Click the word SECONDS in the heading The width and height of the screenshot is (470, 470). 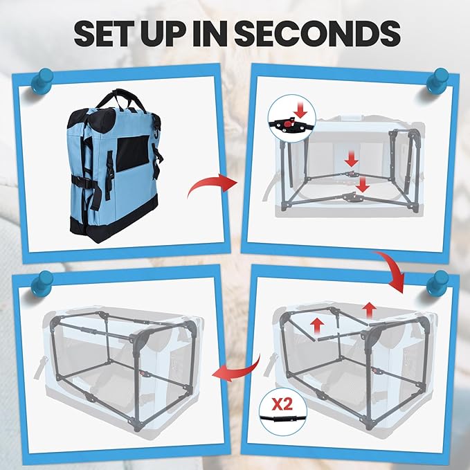click(318, 33)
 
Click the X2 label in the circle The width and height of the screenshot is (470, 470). click(282, 404)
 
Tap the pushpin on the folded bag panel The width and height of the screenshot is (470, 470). click(42, 81)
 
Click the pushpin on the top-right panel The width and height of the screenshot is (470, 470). click(437, 81)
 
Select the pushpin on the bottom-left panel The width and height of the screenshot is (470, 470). click(42, 284)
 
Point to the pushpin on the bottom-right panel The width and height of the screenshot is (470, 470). click(437, 284)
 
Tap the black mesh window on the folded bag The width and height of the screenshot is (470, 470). click(132, 153)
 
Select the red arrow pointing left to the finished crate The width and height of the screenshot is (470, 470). click(237, 370)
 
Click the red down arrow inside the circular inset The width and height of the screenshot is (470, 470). click(300, 110)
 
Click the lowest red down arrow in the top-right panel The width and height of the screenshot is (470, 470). click(363, 185)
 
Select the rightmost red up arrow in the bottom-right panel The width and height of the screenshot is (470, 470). click(370, 311)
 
